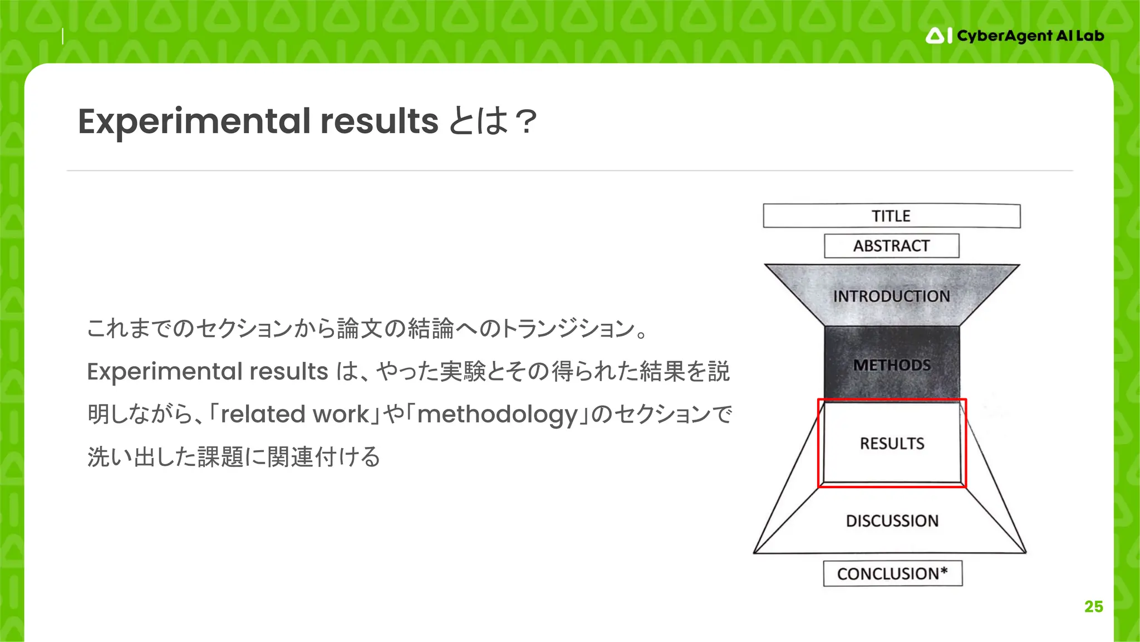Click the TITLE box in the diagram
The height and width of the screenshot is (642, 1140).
click(891, 216)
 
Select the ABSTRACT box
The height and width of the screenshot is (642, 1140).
click(891, 246)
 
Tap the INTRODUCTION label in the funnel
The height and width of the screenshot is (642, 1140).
click(891, 296)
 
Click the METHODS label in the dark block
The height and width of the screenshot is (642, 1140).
click(892, 365)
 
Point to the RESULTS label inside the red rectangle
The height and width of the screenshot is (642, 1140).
click(892, 444)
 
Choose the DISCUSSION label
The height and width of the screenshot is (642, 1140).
click(892, 521)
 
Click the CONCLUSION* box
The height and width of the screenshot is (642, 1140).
click(892, 573)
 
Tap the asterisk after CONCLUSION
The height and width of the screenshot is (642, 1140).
click(944, 571)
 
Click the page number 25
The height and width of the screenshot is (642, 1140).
click(1093, 606)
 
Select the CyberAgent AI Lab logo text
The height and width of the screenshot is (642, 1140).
click(1030, 36)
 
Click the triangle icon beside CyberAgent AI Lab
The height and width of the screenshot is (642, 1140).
click(935, 36)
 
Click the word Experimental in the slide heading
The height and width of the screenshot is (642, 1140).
click(194, 121)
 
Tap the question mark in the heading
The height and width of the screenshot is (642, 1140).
click(525, 121)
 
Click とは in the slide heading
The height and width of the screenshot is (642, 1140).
click(478, 121)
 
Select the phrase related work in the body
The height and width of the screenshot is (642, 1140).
click(294, 414)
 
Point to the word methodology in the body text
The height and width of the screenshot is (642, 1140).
click(497, 414)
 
